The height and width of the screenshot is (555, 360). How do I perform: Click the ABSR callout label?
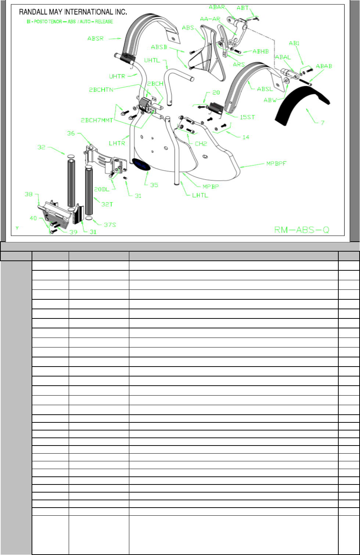point(96,38)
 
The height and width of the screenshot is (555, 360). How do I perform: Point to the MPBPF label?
point(277,163)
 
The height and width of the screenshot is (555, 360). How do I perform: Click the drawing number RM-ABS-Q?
point(302,230)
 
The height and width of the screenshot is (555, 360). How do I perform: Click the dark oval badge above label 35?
point(141,165)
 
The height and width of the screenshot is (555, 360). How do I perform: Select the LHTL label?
point(200,195)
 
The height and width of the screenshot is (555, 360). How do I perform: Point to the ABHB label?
point(260,51)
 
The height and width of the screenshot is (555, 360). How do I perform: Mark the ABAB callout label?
point(324,66)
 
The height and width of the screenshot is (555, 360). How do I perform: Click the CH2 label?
point(201,144)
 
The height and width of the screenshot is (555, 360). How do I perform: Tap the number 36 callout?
point(71,134)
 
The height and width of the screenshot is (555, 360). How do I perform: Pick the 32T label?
point(107,205)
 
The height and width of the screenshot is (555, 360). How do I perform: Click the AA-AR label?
point(209,19)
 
